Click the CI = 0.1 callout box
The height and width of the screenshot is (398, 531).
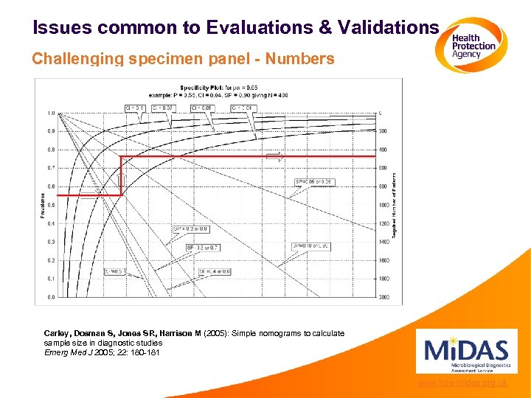[136, 108]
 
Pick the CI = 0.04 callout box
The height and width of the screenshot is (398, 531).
[243, 108]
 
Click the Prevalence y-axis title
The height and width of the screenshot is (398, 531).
[42, 205]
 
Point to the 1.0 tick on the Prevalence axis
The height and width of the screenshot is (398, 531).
[51, 113]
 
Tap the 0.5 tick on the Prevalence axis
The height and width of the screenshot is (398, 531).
[51, 205]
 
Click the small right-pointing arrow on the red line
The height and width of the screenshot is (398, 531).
[274, 156]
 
